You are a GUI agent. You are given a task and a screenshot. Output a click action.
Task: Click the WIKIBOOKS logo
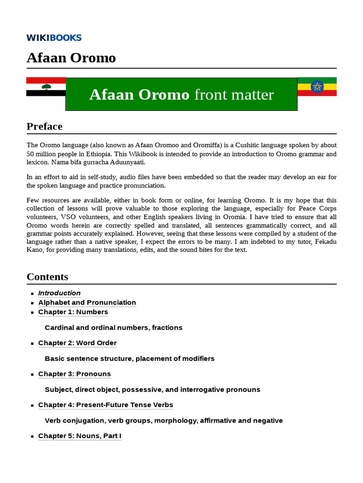pyautogui.click(x=54, y=38)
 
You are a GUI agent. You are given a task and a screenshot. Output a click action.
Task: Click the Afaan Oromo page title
pyautogui.click(x=71, y=58)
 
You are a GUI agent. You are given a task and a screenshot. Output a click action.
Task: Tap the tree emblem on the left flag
pyautogui.click(x=46, y=87)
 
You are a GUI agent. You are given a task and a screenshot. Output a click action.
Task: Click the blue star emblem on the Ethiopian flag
pyautogui.click(x=317, y=87)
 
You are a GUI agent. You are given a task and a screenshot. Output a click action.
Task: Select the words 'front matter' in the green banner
pyautogui.click(x=233, y=95)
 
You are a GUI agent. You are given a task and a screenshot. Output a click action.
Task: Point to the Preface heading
pyautogui.click(x=44, y=126)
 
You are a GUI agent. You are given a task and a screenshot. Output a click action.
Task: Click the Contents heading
pyautogui.click(x=47, y=277)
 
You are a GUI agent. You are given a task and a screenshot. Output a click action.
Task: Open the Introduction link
pyautogui.click(x=59, y=293)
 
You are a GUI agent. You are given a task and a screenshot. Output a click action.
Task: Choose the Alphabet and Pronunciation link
pyautogui.click(x=87, y=302)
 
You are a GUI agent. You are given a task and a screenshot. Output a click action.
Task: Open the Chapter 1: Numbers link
pyautogui.click(x=73, y=312)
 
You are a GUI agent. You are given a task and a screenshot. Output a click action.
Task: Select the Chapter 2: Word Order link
pyautogui.click(x=77, y=343)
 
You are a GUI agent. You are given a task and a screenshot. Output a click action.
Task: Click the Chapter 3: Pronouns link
pyautogui.click(x=74, y=374)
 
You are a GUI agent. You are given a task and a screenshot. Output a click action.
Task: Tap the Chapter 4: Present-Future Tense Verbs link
pyautogui.click(x=105, y=405)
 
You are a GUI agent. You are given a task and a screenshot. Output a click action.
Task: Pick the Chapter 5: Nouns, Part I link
pyautogui.click(x=79, y=436)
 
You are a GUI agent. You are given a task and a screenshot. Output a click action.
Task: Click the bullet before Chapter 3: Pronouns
pyautogui.click(x=32, y=375)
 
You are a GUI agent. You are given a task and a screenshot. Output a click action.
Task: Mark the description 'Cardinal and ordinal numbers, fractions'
pyautogui.click(x=113, y=327)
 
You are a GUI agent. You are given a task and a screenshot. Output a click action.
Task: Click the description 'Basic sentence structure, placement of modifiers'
pyautogui.click(x=130, y=358)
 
